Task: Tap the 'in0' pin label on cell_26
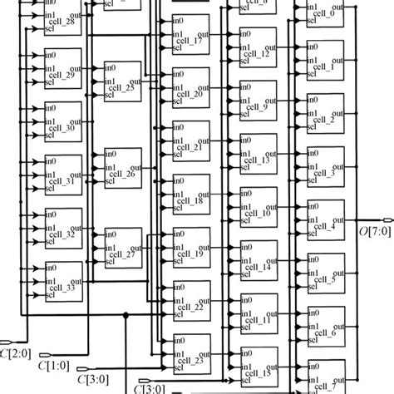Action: pyautogui.click(x=111, y=154)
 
